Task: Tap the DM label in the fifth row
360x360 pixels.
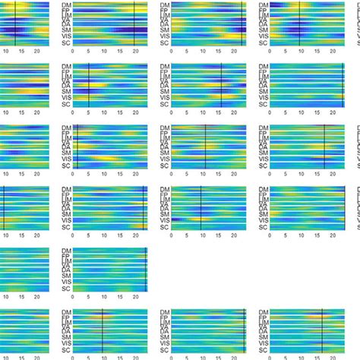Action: pos(67,251)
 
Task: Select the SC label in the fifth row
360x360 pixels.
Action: pos(67,289)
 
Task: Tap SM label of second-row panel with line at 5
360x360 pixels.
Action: pos(67,92)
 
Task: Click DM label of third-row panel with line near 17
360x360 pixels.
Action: pos(264,128)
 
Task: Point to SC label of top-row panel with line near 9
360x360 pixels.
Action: pos(264,43)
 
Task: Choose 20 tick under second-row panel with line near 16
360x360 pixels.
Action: pos(233,112)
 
